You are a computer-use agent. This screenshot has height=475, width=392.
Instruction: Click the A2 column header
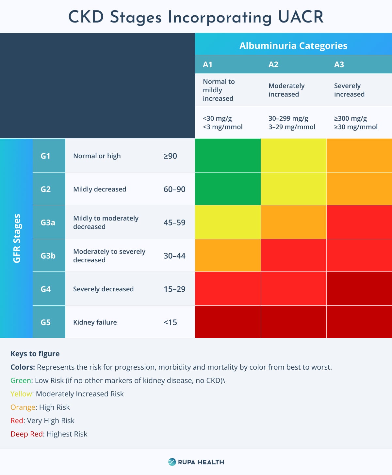[273, 64]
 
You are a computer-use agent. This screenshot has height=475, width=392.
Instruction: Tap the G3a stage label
[48, 222]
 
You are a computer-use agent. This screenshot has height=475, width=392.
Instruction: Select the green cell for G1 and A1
[228, 155]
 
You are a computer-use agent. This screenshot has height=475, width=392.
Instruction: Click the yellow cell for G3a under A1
[228, 222]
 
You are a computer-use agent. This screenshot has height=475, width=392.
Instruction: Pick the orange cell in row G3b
[228, 255]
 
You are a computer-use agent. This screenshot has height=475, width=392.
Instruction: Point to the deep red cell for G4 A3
[359, 288]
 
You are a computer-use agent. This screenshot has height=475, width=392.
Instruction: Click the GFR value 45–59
[174, 222]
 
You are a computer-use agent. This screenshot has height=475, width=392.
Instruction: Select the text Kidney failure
[95, 322]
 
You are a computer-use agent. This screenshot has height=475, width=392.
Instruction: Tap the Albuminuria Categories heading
[293, 46]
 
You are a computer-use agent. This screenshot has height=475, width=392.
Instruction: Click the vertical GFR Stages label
[17, 238]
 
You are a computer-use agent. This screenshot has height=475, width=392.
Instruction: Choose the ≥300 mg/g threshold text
[350, 118]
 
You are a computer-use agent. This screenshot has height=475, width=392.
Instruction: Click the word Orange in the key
[23, 407]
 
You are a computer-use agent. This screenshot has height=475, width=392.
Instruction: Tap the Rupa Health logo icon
[172, 462]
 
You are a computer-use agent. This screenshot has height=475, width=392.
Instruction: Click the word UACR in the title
[301, 17]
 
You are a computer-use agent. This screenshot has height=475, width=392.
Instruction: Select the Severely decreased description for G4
[103, 289]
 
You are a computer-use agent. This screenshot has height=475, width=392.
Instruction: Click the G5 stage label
[46, 322]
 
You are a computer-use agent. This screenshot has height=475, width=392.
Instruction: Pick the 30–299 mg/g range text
[288, 118]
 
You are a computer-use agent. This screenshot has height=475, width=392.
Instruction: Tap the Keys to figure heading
[35, 354]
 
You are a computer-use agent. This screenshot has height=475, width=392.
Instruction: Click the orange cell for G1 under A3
[359, 155]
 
